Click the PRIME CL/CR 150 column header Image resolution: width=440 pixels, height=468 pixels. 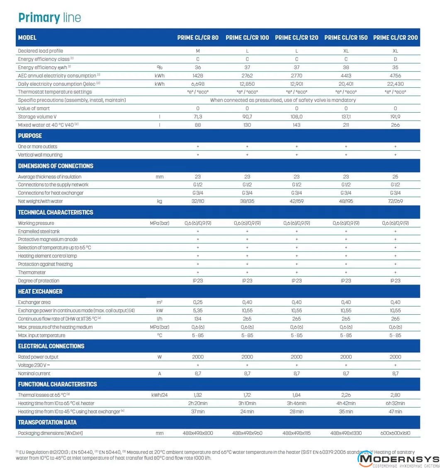(346, 38)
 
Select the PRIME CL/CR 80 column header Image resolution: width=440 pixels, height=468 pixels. (198, 38)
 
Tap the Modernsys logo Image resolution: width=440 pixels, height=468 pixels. (398, 459)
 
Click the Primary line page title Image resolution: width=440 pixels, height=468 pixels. (49, 17)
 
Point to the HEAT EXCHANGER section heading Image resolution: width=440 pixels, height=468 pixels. (40, 292)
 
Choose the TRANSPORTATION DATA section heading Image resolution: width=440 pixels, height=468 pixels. (47, 422)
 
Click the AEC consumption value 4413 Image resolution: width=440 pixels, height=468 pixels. (346, 76)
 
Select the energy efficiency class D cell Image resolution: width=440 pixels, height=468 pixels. (395, 59)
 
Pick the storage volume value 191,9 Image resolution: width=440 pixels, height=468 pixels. (395, 117)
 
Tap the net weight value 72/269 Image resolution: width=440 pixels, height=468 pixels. (395, 201)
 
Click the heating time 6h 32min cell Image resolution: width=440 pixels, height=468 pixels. (395, 403)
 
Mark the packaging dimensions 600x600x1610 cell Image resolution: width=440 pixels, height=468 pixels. (395, 433)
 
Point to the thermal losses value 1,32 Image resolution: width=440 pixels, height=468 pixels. (198, 395)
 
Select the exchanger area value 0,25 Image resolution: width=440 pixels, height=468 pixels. (198, 302)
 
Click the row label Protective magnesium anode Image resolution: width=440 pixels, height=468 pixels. (48, 239)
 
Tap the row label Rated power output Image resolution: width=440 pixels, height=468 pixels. (38, 357)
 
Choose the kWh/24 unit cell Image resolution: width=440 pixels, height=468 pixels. (159, 395)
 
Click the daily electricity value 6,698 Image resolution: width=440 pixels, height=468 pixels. (198, 84)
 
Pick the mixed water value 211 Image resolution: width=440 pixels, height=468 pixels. (346, 125)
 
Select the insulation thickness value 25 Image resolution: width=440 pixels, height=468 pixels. (395, 176)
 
